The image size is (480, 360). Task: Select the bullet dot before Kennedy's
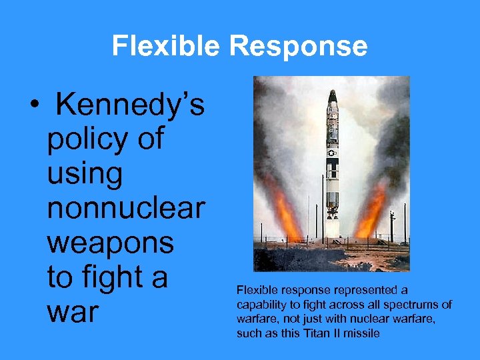(32, 105)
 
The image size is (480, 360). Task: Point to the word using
(85, 174)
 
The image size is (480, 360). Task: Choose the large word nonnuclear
(126, 208)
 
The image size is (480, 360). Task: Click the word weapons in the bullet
(111, 243)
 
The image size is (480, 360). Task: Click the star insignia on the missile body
(331, 153)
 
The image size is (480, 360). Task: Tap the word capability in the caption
(259, 305)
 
